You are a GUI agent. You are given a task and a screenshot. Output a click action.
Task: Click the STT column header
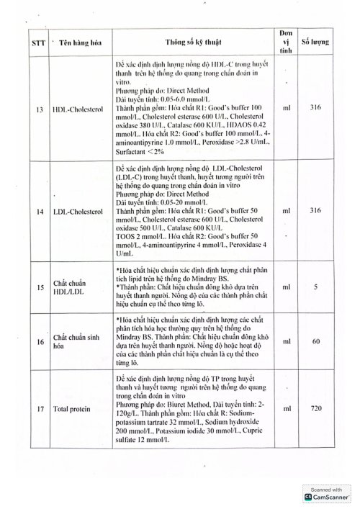coord(39,43)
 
